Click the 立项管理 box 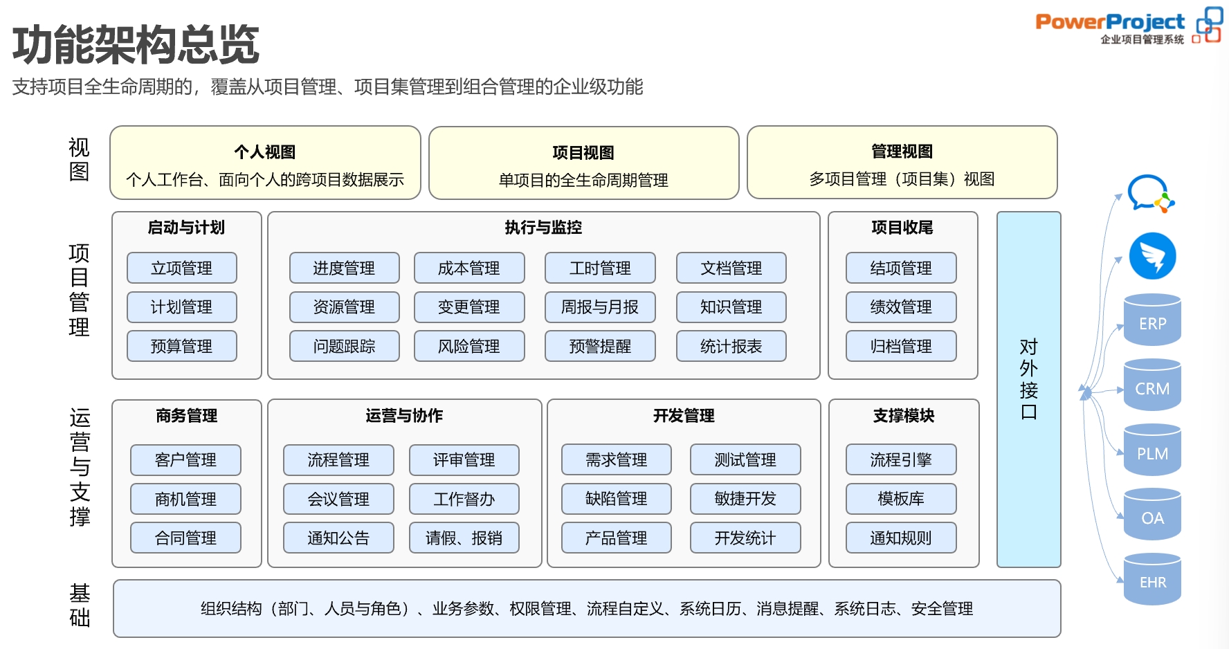coord(181,268)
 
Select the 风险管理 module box coord(468,346)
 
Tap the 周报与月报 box coord(599,307)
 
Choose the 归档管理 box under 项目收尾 coord(900,346)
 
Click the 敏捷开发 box coord(745,498)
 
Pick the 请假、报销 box coord(464,538)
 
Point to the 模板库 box coord(900,498)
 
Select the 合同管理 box coord(185,538)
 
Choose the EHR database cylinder coord(1152,580)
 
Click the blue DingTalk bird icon coord(1152,256)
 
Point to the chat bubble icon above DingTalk coord(1149,193)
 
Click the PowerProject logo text coord(1110,22)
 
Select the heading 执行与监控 coord(543,228)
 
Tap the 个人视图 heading coord(264,152)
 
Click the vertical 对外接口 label coord(1028,379)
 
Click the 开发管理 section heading coord(683,416)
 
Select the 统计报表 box coord(731,346)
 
